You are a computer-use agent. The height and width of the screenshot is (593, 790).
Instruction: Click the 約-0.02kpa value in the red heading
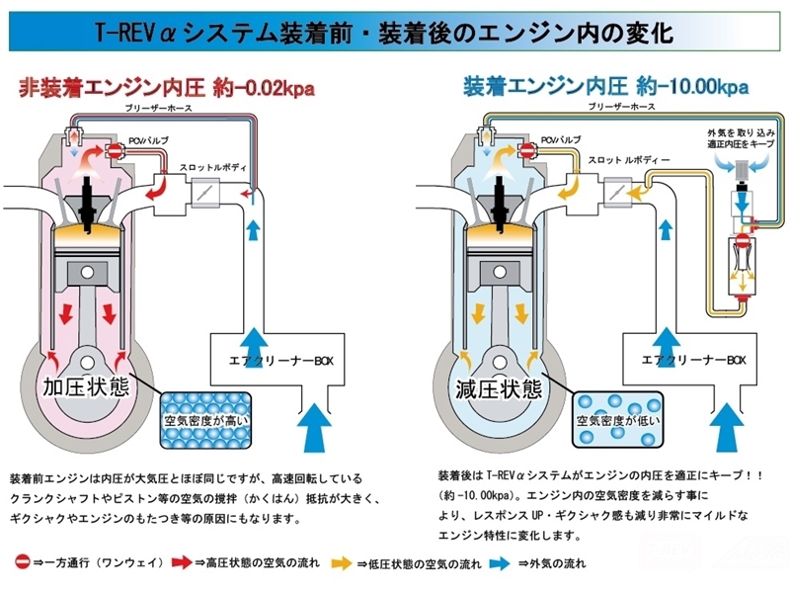(x=264, y=88)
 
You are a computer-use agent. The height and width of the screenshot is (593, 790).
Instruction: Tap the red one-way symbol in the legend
(x=22, y=563)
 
